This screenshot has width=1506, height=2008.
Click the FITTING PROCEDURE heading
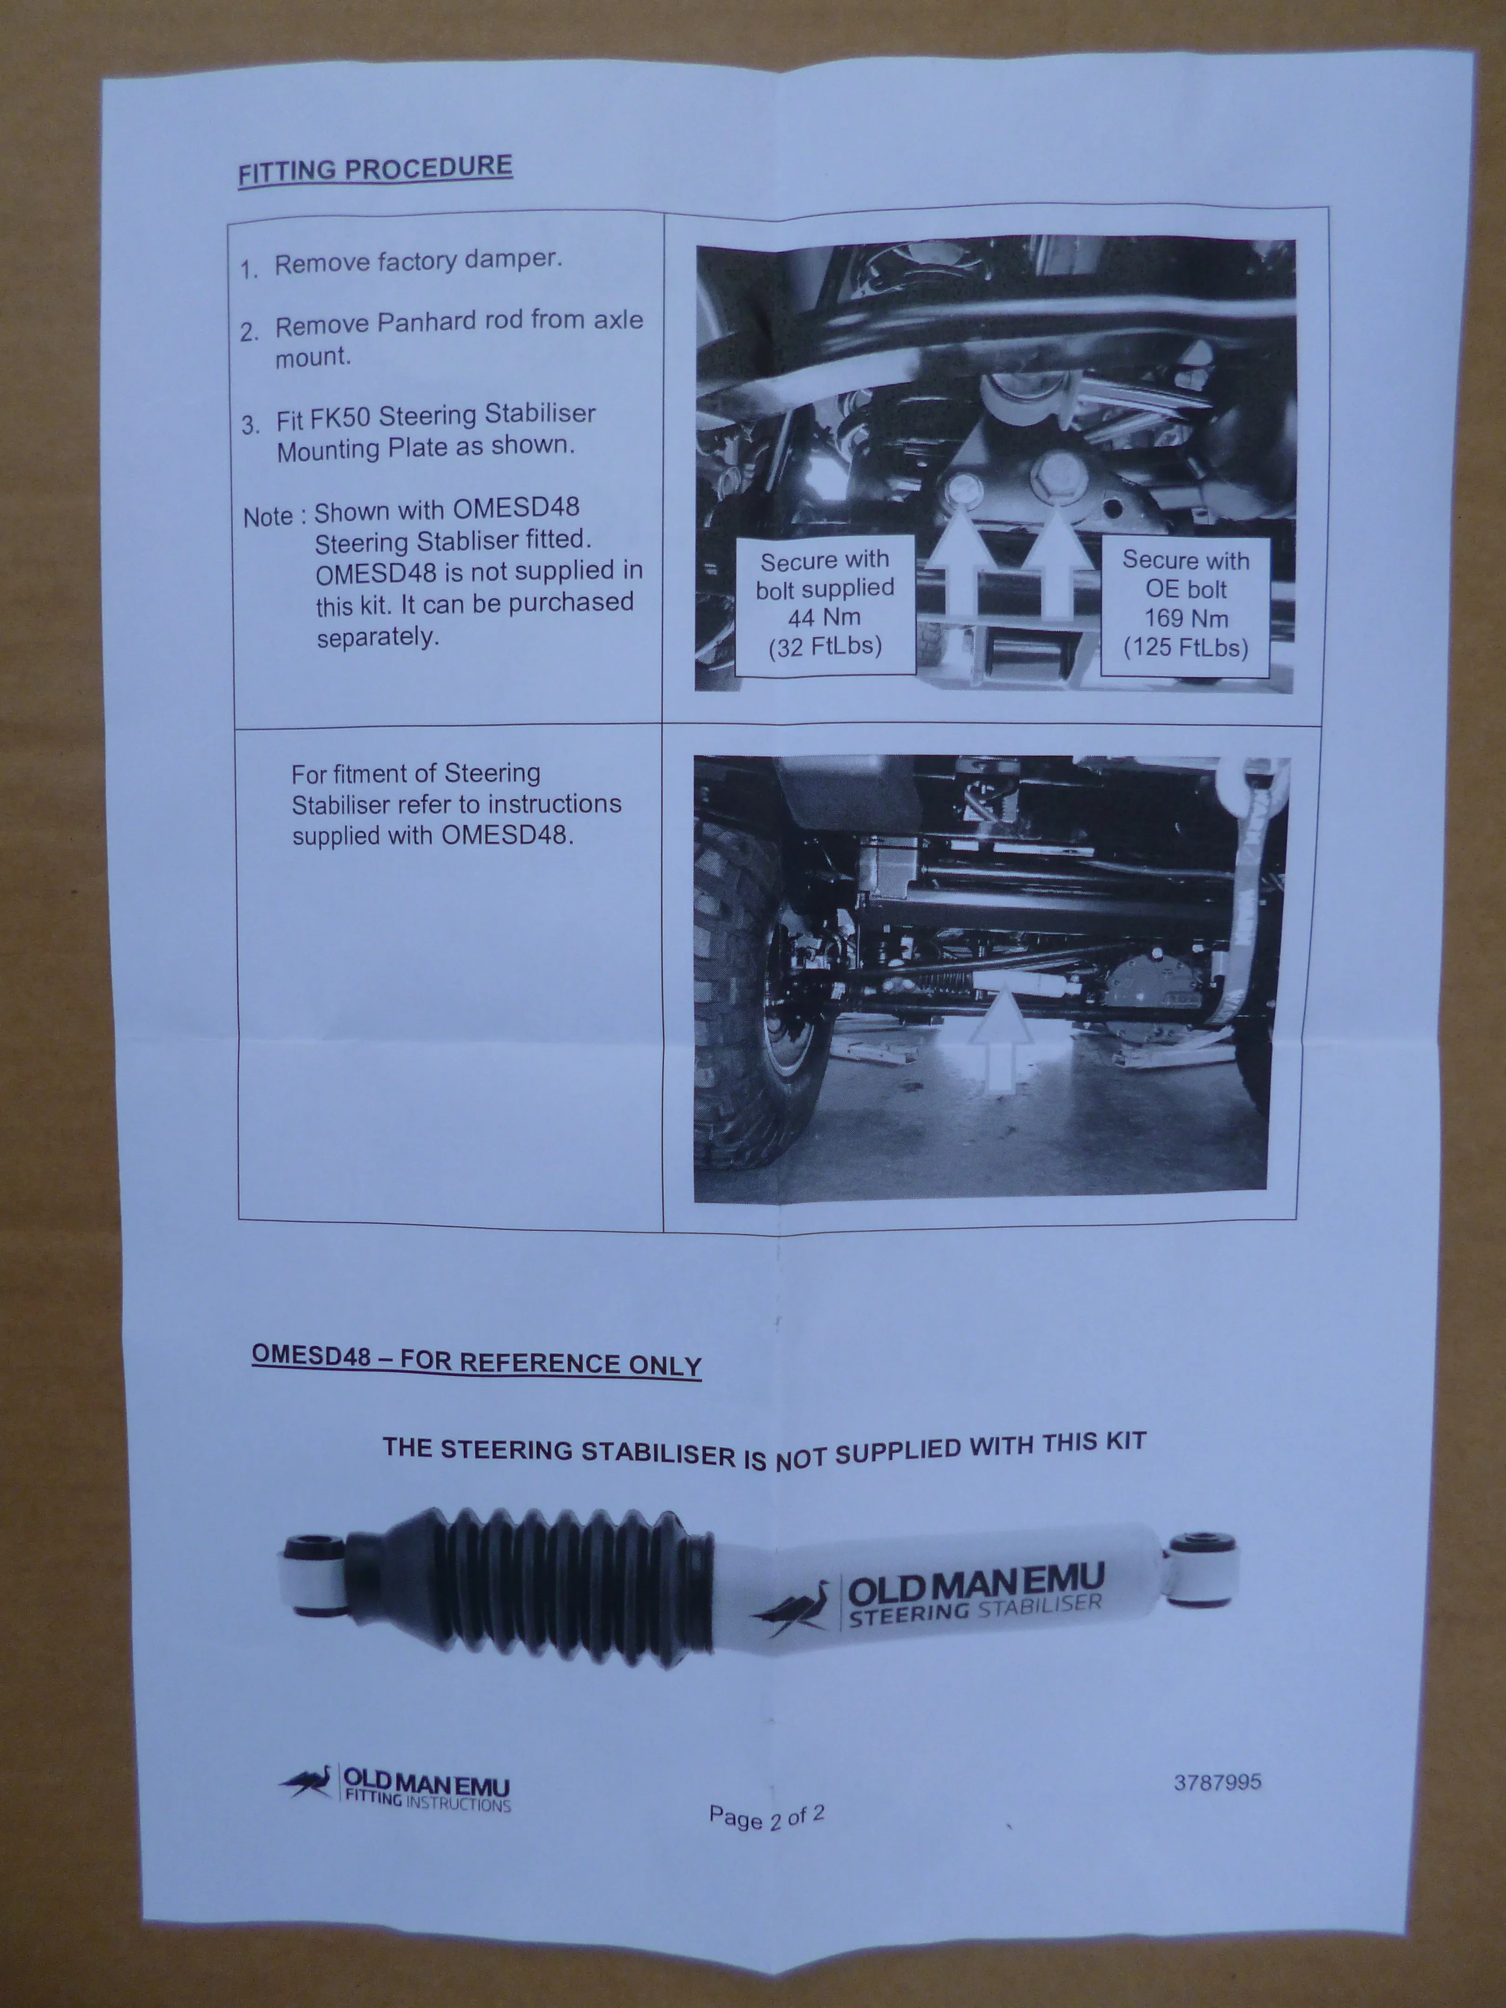(375, 170)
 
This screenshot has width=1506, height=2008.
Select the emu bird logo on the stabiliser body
(792, 1609)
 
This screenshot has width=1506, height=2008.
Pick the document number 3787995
(1217, 1782)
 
